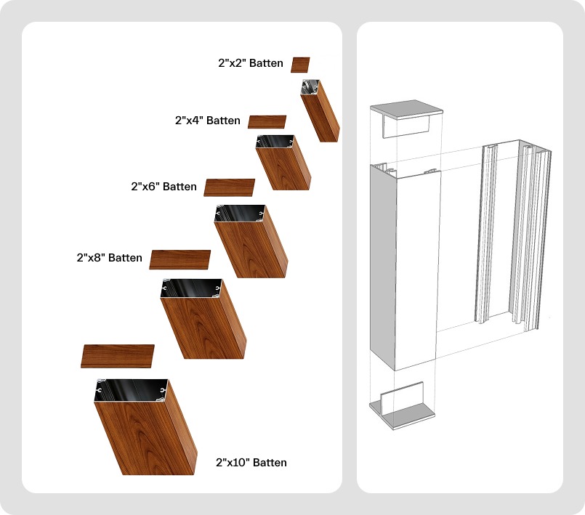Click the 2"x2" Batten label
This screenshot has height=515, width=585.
click(x=251, y=64)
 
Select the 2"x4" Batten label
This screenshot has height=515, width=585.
click(x=208, y=121)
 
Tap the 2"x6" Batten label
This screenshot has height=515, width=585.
click(x=164, y=187)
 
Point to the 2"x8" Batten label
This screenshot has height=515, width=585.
click(x=109, y=258)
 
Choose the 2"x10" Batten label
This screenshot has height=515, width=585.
click(x=251, y=463)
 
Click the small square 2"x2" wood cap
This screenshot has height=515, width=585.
click(x=300, y=65)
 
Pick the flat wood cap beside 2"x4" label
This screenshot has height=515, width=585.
click(x=267, y=122)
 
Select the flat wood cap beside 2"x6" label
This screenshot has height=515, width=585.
click(x=229, y=187)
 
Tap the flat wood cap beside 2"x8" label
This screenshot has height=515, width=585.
click(x=179, y=259)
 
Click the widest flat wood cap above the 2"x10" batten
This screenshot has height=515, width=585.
click(x=118, y=356)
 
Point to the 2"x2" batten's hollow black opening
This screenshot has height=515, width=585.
click(x=311, y=88)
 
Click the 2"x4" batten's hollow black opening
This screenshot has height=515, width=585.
click(x=274, y=141)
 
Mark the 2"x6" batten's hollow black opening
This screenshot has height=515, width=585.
click(x=238, y=214)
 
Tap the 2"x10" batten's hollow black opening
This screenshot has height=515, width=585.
click(x=131, y=390)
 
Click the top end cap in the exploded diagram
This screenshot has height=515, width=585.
click(x=406, y=109)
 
